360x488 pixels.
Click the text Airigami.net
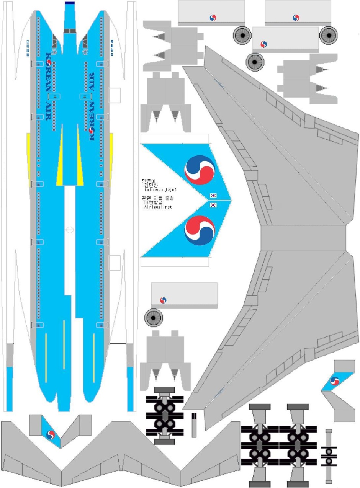click(158, 207)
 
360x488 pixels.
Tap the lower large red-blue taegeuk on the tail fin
click(200, 230)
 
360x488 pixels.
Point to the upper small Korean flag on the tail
click(213, 196)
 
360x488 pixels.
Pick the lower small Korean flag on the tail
click(213, 205)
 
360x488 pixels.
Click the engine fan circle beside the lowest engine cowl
click(154, 318)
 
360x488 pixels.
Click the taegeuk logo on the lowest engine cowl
click(164, 300)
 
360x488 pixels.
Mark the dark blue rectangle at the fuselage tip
click(70, 3)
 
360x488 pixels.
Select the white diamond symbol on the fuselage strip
click(70, 230)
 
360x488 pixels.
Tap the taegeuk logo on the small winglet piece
click(335, 380)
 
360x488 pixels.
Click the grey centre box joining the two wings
click(303, 238)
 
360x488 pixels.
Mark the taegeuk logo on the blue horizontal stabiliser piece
click(50, 434)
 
